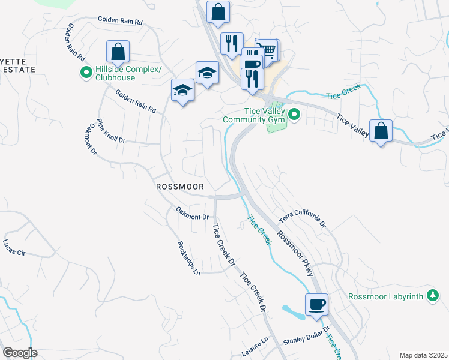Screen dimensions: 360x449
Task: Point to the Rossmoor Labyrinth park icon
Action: (432, 295)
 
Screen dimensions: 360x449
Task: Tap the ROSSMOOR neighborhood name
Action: (181, 187)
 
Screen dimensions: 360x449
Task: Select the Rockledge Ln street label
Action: (188, 259)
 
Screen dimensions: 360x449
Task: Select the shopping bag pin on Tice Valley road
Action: (381, 130)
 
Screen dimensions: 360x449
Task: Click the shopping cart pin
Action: (267, 49)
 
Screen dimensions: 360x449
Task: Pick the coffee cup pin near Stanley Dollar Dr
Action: (316, 304)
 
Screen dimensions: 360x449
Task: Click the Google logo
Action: (20, 353)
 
